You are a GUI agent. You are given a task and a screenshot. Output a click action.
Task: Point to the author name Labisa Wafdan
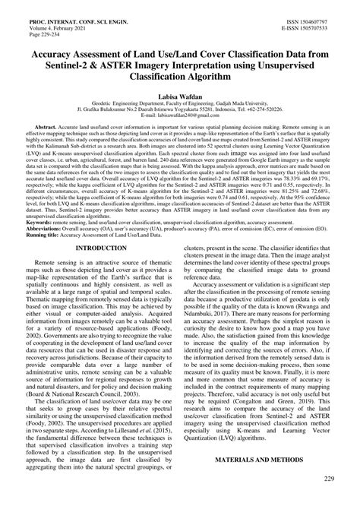(179, 99)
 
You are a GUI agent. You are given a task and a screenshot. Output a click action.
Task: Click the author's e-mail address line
(179, 125)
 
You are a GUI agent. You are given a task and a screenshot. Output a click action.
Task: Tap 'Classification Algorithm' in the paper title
(179, 77)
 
